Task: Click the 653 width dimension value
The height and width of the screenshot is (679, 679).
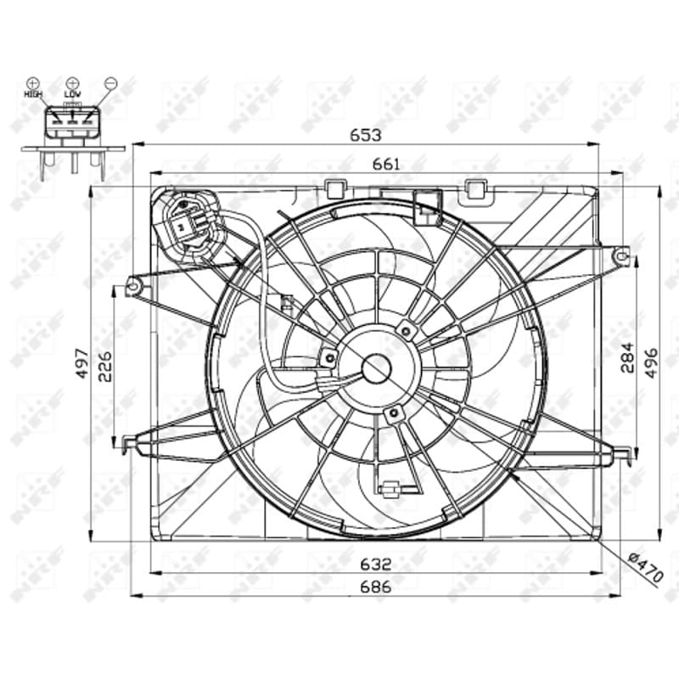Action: (x=366, y=135)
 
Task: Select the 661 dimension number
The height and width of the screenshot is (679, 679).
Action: (x=386, y=164)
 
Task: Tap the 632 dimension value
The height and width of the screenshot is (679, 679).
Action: (x=376, y=564)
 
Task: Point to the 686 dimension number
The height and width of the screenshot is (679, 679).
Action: (x=376, y=586)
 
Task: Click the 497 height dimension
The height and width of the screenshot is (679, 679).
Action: (x=82, y=363)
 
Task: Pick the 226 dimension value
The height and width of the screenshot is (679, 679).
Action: (x=104, y=367)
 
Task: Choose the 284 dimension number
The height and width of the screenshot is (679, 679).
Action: (x=626, y=357)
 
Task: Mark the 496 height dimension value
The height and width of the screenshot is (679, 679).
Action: (x=650, y=363)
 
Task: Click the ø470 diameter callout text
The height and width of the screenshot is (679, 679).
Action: (x=646, y=567)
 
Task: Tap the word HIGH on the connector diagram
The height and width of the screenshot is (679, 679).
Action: (x=33, y=93)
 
